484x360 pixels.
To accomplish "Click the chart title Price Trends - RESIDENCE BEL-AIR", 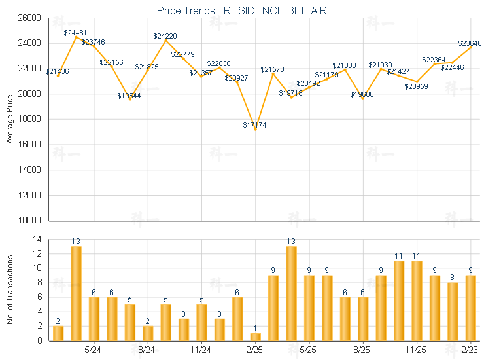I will click(x=242, y=11).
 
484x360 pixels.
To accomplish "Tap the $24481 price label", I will click(x=75, y=32).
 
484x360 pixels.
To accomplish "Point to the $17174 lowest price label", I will click(x=255, y=124).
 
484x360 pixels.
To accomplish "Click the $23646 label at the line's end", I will click(x=470, y=43).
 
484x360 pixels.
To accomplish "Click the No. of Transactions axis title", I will click(x=10, y=289).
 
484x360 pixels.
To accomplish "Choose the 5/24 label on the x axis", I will click(x=94, y=350).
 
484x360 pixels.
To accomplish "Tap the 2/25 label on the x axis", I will click(x=255, y=350).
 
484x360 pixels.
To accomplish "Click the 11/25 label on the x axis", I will click(x=416, y=350).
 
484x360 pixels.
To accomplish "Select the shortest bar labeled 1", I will click(x=255, y=337).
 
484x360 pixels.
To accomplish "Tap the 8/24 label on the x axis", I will click(x=147, y=350).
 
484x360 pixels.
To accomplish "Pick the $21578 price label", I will click(x=272, y=69).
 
